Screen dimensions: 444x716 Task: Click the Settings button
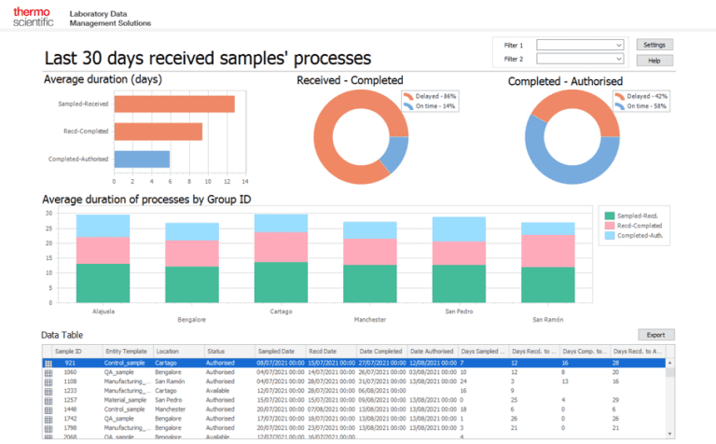pyautogui.click(x=654, y=45)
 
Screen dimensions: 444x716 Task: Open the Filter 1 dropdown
pyautogui.click(x=580, y=45)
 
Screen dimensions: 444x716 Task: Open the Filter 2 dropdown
pyautogui.click(x=580, y=60)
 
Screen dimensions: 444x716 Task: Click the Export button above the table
pyautogui.click(x=655, y=334)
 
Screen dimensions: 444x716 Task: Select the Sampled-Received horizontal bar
pyautogui.click(x=173, y=104)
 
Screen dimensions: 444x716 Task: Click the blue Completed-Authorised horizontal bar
pyautogui.click(x=142, y=160)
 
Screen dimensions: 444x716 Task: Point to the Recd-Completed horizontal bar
pyautogui.click(x=158, y=132)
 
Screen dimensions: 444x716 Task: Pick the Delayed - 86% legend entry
pyautogui.click(x=434, y=96)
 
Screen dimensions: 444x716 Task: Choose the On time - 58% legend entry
pyautogui.click(x=644, y=106)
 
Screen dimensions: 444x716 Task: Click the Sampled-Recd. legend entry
pyautogui.click(x=638, y=216)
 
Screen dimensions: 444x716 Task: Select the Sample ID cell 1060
pyautogui.click(x=70, y=371)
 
